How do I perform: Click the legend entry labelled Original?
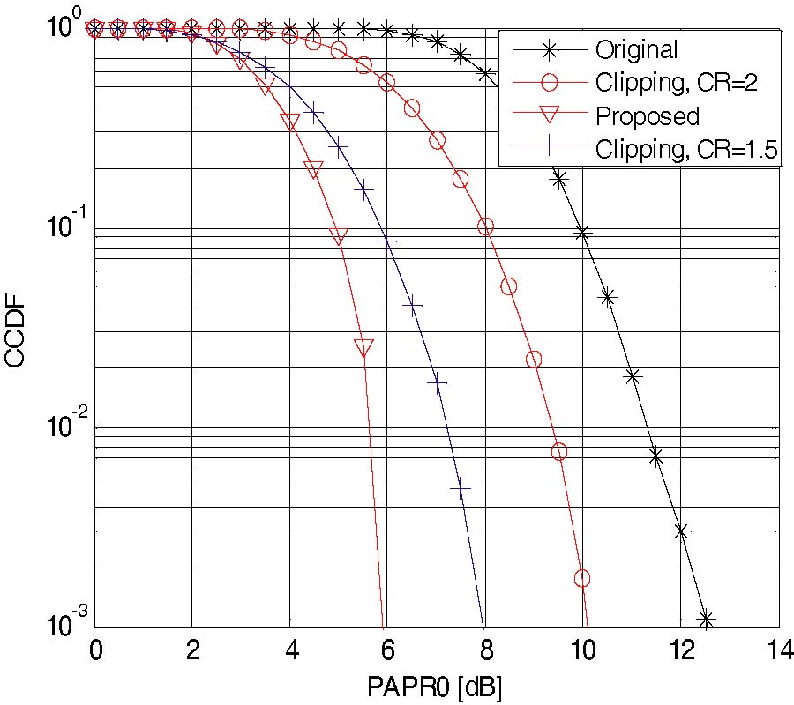click(636, 49)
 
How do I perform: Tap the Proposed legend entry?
click(647, 116)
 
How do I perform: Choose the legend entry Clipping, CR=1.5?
click(685, 150)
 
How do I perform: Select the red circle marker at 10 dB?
click(582, 578)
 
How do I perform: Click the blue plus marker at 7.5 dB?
click(461, 488)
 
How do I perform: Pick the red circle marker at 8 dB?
click(485, 227)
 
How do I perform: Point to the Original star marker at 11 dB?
click(632, 376)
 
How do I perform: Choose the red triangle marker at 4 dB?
click(291, 122)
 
